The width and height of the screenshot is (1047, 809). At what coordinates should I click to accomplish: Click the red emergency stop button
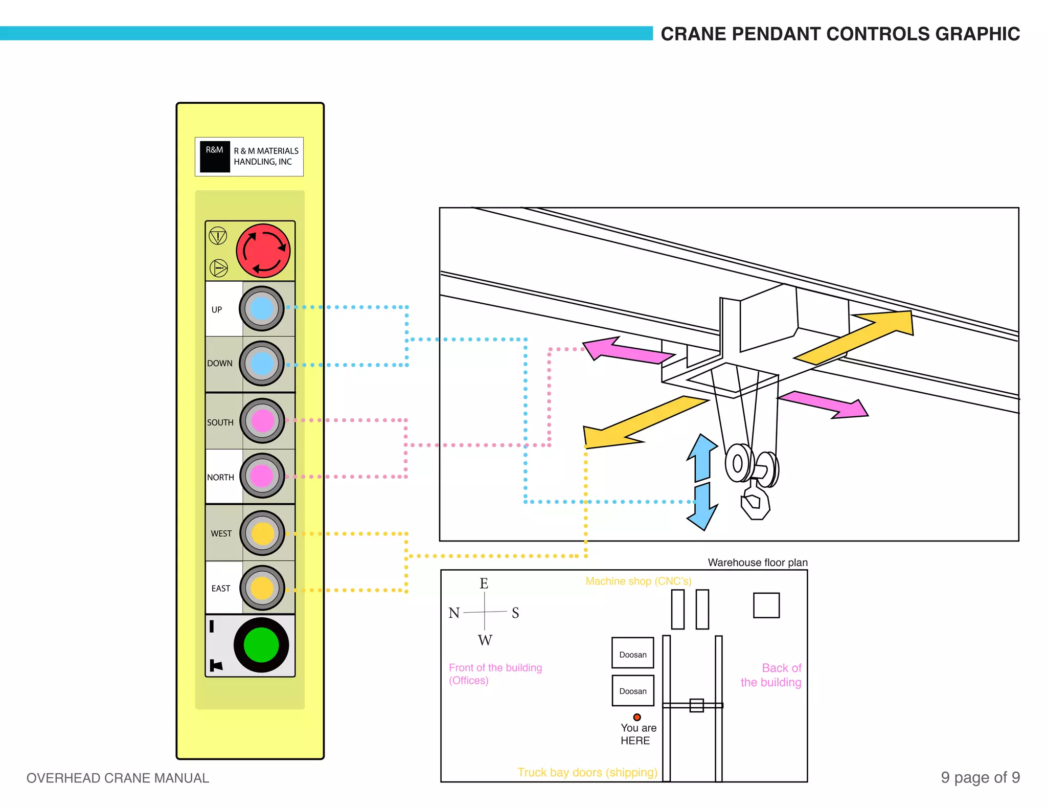[263, 251]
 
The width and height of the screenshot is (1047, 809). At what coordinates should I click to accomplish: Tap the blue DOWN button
[262, 364]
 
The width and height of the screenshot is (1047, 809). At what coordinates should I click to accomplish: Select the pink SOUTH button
[263, 421]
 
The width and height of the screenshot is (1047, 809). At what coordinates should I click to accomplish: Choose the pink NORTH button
[262, 476]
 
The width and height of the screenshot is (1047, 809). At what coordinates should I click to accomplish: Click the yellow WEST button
[263, 533]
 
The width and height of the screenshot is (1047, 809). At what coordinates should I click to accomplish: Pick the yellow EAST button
[262, 588]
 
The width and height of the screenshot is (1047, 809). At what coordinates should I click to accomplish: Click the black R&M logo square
[214, 156]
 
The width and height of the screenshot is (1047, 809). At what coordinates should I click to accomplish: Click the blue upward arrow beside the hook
[703, 457]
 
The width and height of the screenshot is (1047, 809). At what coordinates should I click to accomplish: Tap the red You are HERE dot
[637, 717]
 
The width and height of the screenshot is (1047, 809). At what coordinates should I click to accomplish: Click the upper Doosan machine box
[633, 653]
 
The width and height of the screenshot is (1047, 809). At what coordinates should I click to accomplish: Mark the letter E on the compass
[484, 583]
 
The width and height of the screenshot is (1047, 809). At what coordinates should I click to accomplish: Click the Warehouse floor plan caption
[758, 563]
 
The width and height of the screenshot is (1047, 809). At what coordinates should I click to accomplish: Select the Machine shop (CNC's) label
[638, 581]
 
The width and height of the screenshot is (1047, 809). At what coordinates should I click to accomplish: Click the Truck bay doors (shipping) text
[587, 772]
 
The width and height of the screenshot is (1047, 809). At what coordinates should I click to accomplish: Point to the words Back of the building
[771, 675]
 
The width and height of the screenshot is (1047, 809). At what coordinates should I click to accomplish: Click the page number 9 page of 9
[980, 777]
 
